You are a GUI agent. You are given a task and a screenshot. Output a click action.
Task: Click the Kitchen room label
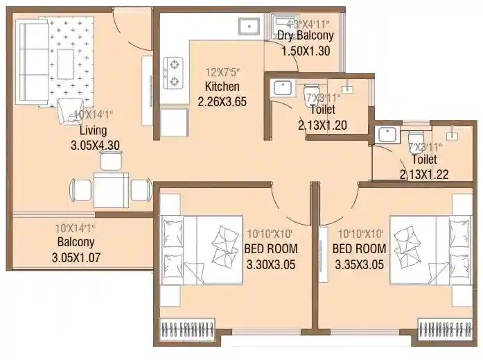pos(222,87)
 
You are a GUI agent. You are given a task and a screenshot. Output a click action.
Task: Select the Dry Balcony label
pos(306,35)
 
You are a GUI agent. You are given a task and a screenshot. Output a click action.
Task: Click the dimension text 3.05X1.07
pos(76,257)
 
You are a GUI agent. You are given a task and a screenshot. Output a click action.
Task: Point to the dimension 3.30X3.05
pos(271,263)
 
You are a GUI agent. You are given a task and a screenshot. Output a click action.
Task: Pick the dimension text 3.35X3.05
pos(359,263)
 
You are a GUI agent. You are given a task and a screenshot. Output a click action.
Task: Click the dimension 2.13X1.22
pos(423,175)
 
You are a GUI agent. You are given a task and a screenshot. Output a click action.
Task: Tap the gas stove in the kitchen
pos(172,73)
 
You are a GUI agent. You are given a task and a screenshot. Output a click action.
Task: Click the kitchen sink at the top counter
pos(248,26)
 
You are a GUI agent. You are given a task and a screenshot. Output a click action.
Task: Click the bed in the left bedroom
pos(201,249)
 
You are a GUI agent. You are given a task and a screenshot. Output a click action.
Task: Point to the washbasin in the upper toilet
pos(282,89)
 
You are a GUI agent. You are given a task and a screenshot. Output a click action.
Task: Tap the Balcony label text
pos(76,242)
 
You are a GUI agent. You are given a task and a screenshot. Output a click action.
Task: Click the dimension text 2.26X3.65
pos(222,101)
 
